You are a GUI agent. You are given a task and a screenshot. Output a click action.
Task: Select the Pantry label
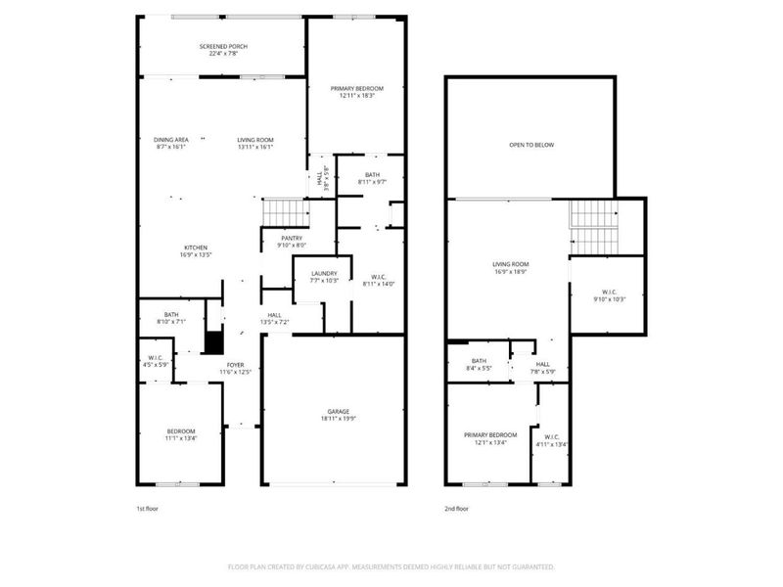[x=292, y=238]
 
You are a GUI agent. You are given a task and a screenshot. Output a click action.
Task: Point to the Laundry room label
[x=324, y=276]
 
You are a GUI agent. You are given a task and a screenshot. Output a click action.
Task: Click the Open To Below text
[x=531, y=145]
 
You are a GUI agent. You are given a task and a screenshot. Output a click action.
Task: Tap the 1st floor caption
[x=146, y=509]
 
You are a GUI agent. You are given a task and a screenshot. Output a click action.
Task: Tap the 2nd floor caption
[x=457, y=509]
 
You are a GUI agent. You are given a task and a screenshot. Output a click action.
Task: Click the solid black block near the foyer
[x=213, y=343]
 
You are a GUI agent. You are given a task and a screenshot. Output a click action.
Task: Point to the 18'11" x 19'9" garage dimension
[x=339, y=419]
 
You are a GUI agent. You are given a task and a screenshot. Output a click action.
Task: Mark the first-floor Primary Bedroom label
[x=356, y=91]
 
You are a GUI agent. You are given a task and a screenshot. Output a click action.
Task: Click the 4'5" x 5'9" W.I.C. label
[x=155, y=361]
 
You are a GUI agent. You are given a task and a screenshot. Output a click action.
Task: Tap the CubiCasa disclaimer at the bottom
[x=391, y=566]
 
